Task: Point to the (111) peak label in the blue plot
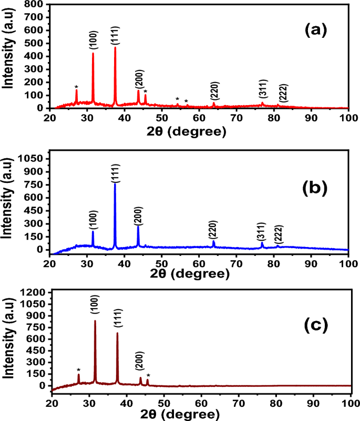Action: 115,173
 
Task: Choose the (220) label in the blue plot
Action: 213,230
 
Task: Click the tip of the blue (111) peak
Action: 115,183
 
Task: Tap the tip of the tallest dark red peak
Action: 95,321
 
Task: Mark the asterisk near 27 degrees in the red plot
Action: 76,87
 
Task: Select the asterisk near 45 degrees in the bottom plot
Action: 148,375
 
